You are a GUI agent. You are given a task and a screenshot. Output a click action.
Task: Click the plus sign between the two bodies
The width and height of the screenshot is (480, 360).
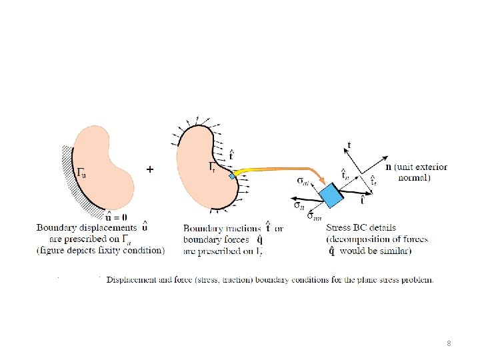[x=150, y=170]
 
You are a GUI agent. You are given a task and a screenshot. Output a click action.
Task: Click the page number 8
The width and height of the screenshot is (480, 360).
[x=449, y=343]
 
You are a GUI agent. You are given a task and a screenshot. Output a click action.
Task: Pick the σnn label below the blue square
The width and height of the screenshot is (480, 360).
[x=314, y=217]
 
